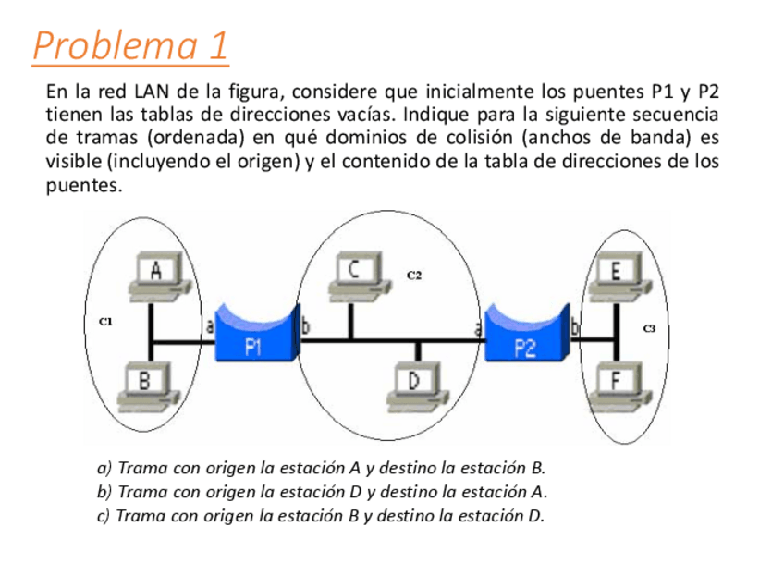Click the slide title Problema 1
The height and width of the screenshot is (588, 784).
click(x=130, y=46)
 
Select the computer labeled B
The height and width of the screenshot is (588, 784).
click(x=147, y=386)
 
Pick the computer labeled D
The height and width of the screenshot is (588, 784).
click(x=415, y=386)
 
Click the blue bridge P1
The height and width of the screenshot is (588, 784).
click(x=252, y=337)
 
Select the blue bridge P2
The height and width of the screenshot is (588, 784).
click(x=523, y=337)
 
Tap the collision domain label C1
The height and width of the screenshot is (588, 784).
click(x=105, y=322)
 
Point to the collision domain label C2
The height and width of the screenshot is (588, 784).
click(x=414, y=275)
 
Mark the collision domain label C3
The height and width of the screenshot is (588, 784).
click(x=649, y=328)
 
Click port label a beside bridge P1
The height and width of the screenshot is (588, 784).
click(x=209, y=325)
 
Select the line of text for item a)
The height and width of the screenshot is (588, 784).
click(x=321, y=468)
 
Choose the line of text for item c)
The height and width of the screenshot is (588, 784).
click(x=321, y=516)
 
